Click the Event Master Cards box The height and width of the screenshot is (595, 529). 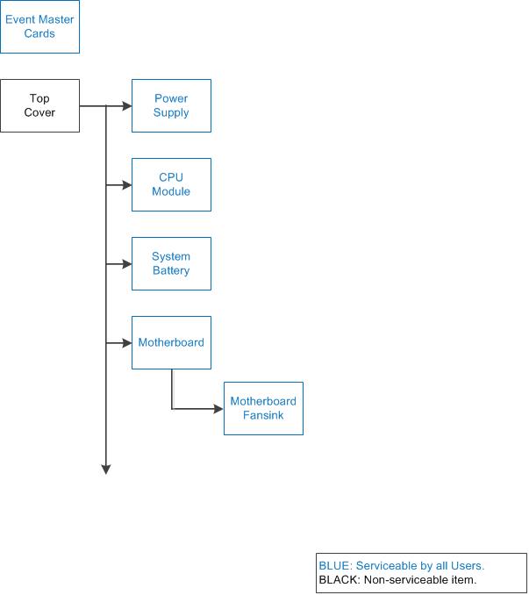[x=39, y=26]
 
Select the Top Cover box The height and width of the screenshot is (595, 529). [x=39, y=105]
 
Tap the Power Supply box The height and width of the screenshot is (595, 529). [x=171, y=105]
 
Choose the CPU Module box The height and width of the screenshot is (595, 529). [x=171, y=184]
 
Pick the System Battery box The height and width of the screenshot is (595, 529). [x=171, y=263]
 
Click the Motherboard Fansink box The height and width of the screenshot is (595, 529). [x=263, y=408]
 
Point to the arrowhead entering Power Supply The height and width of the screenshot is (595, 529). [x=127, y=106]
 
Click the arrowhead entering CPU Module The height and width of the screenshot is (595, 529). [x=127, y=185]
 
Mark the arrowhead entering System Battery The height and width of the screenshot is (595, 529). [x=127, y=264]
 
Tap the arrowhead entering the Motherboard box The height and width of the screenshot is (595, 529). [x=127, y=342]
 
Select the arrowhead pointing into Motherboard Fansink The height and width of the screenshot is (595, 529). [x=218, y=409]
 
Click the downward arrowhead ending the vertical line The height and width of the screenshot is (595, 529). [x=106, y=470]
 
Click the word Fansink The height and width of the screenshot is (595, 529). [x=263, y=415]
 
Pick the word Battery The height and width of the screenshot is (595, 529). [x=171, y=270]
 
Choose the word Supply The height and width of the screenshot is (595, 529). [x=171, y=112]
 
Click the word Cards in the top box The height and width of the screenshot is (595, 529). [x=39, y=33]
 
